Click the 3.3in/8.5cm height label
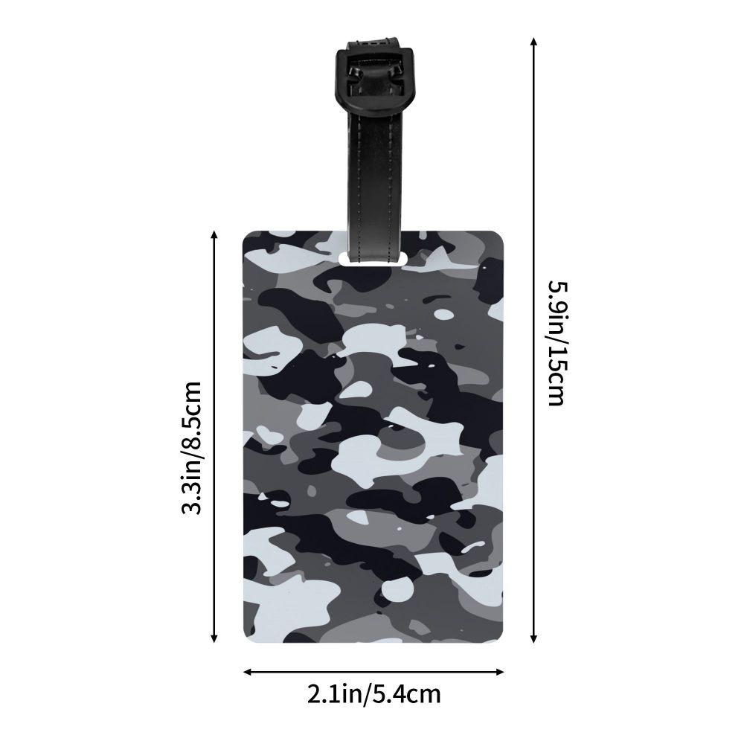click(x=192, y=447)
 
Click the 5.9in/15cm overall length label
click(x=558, y=344)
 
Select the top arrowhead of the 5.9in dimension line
click(x=534, y=41)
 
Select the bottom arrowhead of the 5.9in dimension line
click(x=534, y=638)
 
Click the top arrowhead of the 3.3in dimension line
click(x=214, y=235)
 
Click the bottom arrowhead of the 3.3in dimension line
click(x=214, y=638)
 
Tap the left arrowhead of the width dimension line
click(x=247, y=671)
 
